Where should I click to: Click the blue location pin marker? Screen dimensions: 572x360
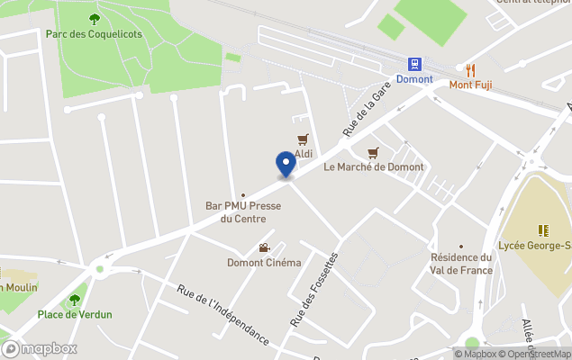[x=286, y=165]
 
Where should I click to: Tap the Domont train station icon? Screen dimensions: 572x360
[x=414, y=65]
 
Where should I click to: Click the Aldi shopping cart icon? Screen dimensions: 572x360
[x=304, y=139]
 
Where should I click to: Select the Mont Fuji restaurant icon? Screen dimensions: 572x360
[x=471, y=68]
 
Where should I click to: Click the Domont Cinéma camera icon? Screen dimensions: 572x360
[x=264, y=247]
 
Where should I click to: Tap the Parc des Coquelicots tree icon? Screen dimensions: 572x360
[x=95, y=19]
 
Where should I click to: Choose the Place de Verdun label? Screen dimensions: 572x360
[x=75, y=314]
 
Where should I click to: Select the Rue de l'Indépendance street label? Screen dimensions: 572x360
[x=223, y=314]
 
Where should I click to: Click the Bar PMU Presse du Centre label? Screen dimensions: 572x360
[x=243, y=212]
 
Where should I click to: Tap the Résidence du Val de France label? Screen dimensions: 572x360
[x=461, y=264]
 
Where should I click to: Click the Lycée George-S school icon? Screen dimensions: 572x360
[x=543, y=230]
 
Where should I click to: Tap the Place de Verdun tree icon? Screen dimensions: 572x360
[x=75, y=300]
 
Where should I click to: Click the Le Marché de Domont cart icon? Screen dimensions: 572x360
[x=372, y=152]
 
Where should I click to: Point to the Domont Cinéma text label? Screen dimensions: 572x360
[x=264, y=263]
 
